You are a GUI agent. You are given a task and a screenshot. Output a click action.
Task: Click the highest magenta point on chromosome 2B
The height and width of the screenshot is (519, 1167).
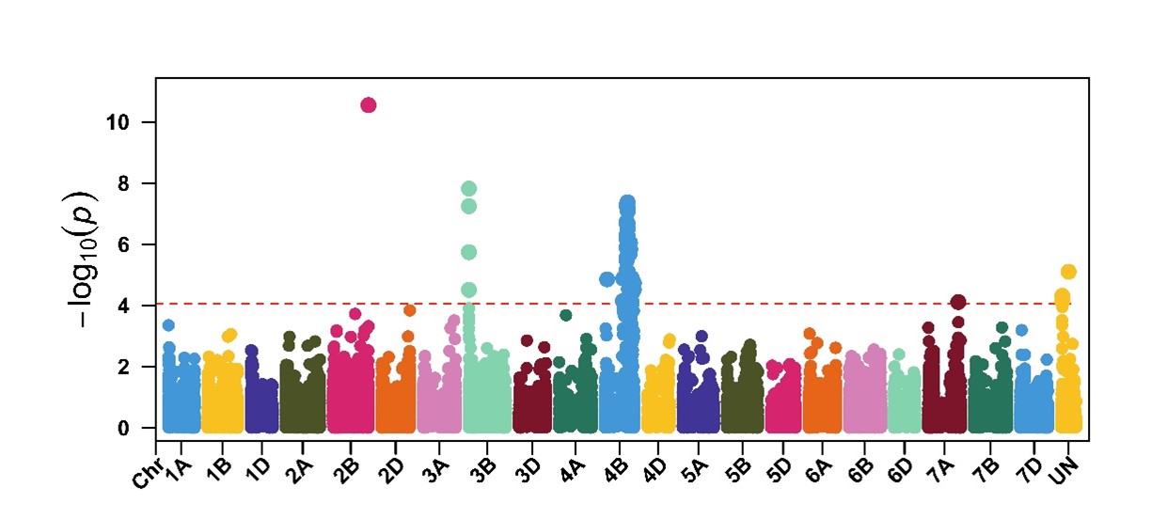point(369,104)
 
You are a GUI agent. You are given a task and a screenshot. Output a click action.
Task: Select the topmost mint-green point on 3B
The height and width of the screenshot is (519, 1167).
point(469,188)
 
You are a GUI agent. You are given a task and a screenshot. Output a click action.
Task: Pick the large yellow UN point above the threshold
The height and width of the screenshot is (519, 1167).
point(1068,272)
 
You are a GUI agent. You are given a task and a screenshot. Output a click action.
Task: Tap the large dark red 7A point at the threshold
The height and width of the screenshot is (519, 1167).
point(958,302)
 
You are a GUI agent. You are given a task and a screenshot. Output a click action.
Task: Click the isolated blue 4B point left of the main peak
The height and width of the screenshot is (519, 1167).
point(607,279)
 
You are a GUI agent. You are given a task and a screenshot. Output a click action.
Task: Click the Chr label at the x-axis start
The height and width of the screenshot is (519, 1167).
point(143,477)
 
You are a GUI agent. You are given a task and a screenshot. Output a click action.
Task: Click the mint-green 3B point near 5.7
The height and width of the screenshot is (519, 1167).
point(469,252)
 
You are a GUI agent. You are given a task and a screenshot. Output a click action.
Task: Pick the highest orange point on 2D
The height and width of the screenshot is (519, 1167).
point(409,310)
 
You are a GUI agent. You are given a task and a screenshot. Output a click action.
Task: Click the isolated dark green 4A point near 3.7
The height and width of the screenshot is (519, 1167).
point(566,315)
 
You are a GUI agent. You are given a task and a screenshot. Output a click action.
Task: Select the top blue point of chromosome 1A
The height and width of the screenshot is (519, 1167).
point(168,325)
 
